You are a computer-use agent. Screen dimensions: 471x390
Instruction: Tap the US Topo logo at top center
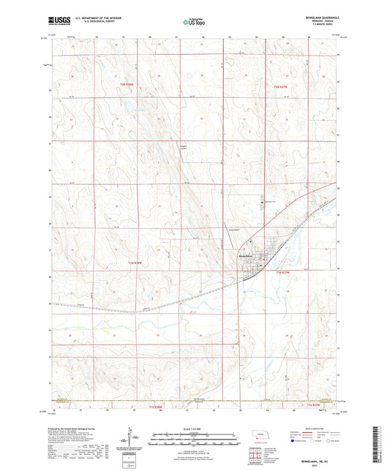click(x=194, y=23)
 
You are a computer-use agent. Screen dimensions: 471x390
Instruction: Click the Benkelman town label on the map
click(x=247, y=255)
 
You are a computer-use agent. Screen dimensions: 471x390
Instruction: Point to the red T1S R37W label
click(x=314, y=404)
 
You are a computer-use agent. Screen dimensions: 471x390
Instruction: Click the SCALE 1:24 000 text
click(x=195, y=419)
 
